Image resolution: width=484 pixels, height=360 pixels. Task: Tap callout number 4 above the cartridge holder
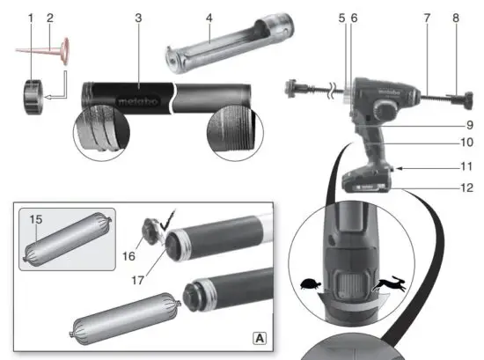(209, 18)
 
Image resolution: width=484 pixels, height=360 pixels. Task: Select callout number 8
(456, 18)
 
